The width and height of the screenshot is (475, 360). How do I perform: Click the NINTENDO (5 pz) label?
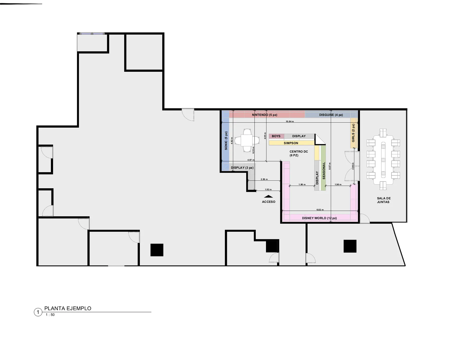264,115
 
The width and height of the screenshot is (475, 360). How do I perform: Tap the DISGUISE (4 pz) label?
331,115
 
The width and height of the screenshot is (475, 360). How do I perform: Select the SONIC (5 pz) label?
226,141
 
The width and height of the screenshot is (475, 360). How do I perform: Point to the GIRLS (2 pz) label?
353,133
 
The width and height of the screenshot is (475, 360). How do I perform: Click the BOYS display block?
276,136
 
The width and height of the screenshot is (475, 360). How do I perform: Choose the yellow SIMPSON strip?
292,143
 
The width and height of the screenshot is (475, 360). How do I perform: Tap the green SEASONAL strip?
323,168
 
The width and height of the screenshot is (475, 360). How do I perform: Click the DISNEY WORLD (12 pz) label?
319,218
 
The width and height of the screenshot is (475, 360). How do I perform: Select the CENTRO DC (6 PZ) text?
299,153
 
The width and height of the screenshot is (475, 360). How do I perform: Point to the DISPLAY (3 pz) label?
242,168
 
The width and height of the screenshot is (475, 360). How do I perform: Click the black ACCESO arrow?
268,196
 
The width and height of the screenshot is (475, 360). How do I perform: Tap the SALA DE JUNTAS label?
384,200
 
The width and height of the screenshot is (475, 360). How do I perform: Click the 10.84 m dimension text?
289,122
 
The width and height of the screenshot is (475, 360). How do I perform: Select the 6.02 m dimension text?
320,210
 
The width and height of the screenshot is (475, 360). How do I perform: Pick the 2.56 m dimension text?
264,179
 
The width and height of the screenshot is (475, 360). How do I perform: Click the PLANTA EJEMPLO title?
68,308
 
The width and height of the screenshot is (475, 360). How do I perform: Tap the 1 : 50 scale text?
50,315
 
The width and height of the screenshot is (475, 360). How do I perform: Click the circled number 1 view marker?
38,312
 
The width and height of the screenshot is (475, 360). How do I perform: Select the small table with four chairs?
247,141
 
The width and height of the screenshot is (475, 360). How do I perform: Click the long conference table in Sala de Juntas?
383,159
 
